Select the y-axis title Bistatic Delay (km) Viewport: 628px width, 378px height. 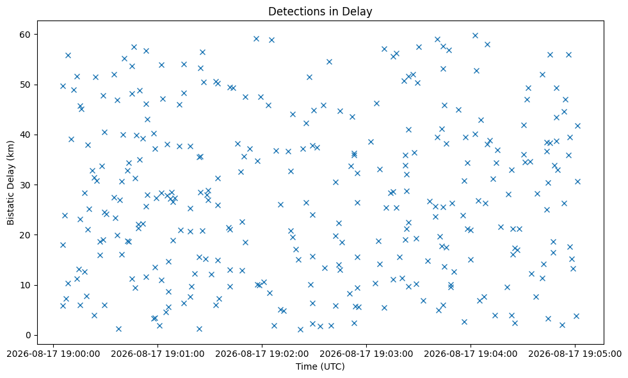coord(10,183)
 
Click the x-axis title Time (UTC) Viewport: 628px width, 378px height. coord(321,366)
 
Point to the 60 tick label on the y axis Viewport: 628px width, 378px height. coord(25,35)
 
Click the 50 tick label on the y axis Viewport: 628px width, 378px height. coord(25,85)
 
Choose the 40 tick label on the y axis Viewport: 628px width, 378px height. coord(25,135)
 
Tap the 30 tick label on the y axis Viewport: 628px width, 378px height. coord(25,185)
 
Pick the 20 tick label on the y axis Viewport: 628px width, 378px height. coord(25,235)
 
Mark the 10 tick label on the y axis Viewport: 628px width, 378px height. coord(25,285)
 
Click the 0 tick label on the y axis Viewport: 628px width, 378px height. coord(28,335)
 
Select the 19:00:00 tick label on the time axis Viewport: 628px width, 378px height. coord(53,354)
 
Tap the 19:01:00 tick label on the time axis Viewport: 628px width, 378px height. coord(157,354)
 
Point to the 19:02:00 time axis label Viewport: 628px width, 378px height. coord(262,354)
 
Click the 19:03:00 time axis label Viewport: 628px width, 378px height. coord(366,354)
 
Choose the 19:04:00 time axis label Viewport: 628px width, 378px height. coord(471,354)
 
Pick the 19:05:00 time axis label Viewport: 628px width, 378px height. coord(575,354)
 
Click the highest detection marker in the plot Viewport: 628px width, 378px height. coord(475,35)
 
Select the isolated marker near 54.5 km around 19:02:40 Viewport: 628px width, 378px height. coord(329,62)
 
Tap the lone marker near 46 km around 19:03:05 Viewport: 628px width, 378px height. coord(376,103)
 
